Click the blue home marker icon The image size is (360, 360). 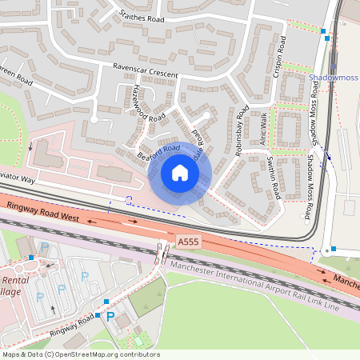180,172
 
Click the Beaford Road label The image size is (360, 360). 158,150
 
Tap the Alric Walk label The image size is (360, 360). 261,128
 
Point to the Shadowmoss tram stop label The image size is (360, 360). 334,78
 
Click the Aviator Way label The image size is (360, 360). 18,180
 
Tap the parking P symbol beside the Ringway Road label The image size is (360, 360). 111,317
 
